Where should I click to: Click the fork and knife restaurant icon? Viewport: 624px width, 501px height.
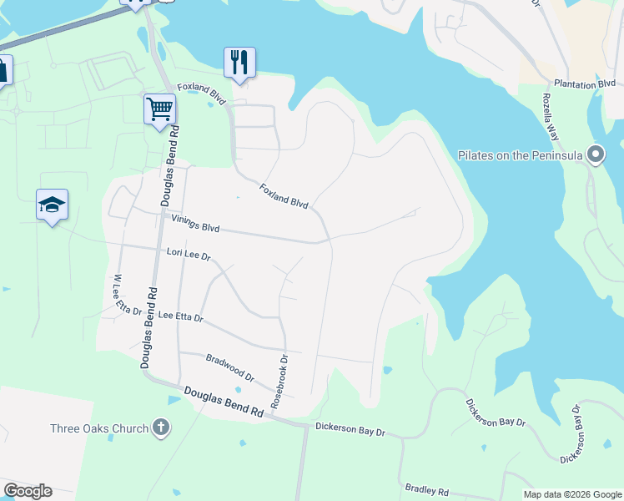[239, 62]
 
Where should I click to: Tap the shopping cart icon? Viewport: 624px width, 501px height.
[159, 109]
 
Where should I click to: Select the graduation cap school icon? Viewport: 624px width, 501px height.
[52, 205]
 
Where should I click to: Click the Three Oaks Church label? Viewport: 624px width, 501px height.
[98, 428]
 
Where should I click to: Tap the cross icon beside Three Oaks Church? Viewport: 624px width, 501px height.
[161, 428]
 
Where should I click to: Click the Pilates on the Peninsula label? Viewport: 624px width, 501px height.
[520, 155]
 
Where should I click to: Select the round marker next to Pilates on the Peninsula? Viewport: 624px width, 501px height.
[595, 154]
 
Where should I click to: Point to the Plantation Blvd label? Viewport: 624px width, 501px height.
[585, 83]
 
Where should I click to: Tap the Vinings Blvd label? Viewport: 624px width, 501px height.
[195, 226]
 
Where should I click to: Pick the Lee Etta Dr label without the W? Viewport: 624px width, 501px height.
[180, 316]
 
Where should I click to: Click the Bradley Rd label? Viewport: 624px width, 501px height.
[427, 490]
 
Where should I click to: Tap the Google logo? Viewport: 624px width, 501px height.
[28, 491]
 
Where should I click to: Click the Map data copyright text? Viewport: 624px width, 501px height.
[572, 494]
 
